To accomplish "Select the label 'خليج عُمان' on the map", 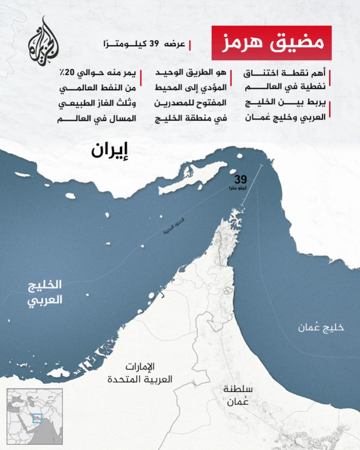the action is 321,328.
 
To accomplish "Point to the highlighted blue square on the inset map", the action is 36,419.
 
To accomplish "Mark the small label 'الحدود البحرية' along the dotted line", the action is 164,234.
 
